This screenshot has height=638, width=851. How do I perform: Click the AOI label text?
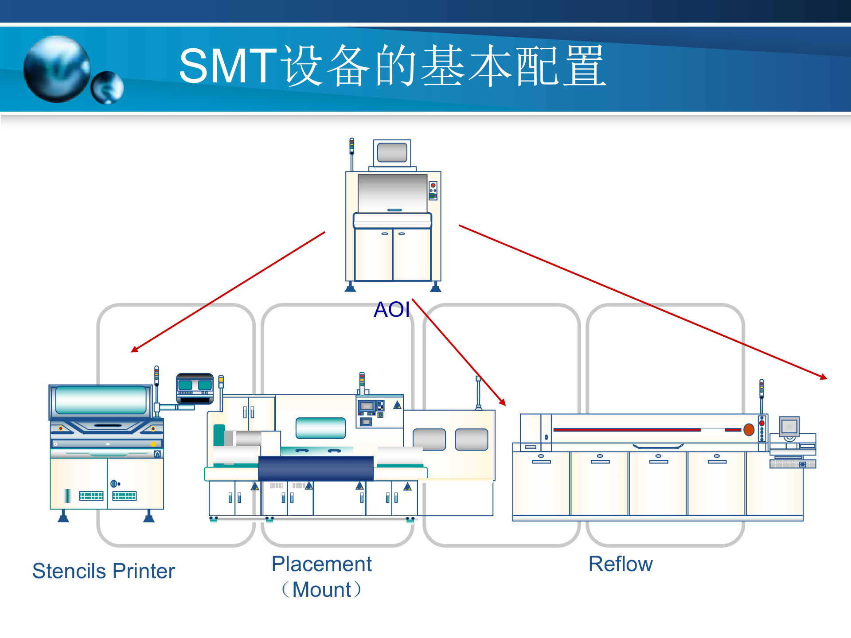[x=391, y=309]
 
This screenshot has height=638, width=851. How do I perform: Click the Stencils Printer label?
[x=103, y=571]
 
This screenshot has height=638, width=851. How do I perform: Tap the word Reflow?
[x=620, y=564]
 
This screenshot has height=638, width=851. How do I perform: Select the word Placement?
[x=321, y=564]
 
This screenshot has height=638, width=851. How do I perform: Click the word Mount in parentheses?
[x=322, y=590]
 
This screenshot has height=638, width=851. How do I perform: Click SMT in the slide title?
[x=228, y=66]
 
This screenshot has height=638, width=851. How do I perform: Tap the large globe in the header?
[x=57, y=69]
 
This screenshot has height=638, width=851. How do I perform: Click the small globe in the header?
[x=107, y=88]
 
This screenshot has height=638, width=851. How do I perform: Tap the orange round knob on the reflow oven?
[x=749, y=429]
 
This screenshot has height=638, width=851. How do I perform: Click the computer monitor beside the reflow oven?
[x=789, y=427]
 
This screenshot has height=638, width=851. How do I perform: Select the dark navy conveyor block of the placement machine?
[x=316, y=468]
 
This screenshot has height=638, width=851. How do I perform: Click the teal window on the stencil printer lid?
[x=101, y=400]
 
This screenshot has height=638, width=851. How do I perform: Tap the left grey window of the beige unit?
[x=429, y=439]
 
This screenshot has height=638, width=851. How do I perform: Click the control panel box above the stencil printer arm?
[x=195, y=388]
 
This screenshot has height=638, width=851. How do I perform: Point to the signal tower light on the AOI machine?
[x=352, y=146]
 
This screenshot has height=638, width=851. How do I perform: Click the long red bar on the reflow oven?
[x=627, y=430]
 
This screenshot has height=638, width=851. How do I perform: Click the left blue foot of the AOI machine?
[x=350, y=288]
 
